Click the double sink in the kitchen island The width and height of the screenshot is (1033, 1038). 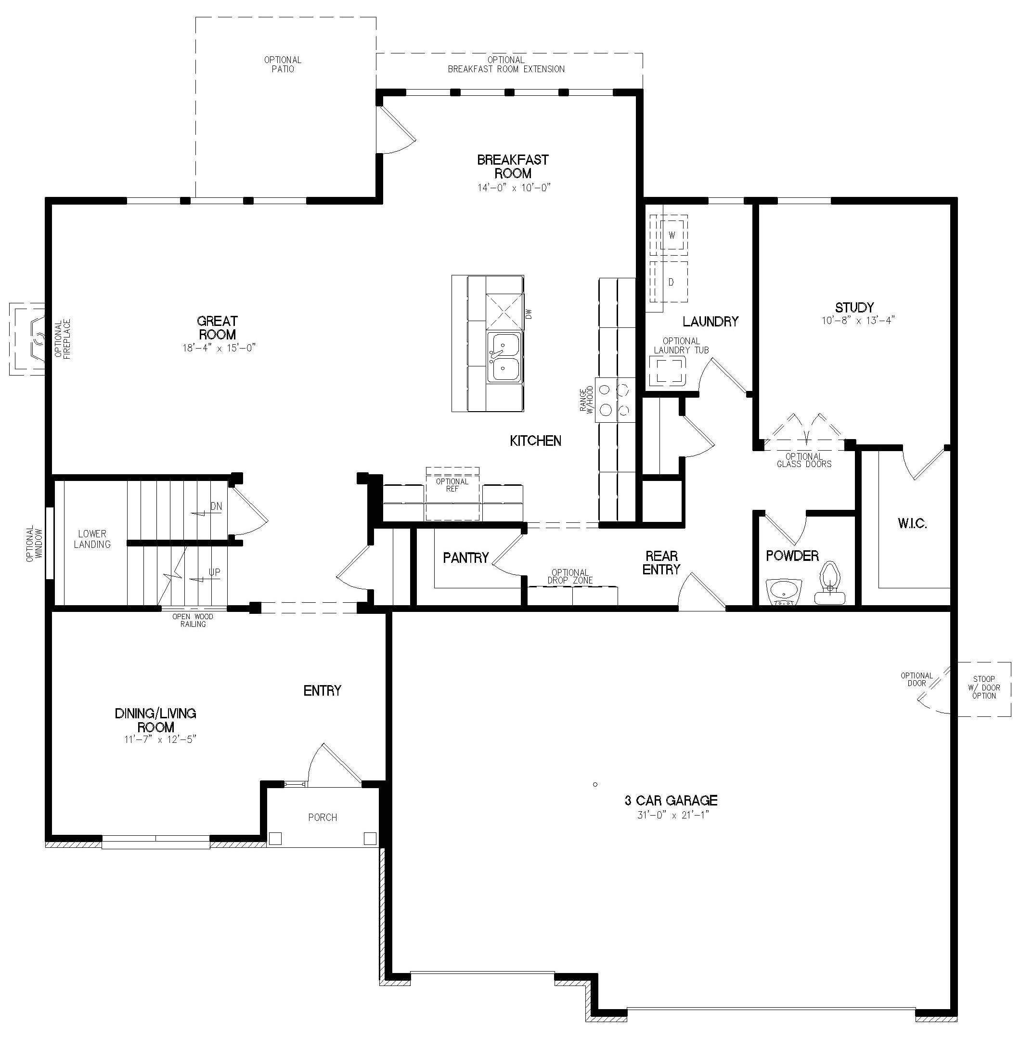[x=504, y=357]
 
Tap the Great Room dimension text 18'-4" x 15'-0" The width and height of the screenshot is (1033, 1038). [x=219, y=348]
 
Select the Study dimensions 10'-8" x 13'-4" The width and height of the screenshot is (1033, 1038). [x=858, y=320]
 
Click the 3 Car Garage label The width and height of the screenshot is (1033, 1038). [x=671, y=800]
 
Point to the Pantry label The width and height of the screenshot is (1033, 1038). [x=466, y=558]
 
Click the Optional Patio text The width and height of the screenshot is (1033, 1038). [x=283, y=65]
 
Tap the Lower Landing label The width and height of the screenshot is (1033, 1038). [x=92, y=539]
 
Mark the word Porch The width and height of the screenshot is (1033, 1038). [x=323, y=817]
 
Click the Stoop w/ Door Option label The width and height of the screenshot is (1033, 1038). [x=983, y=687]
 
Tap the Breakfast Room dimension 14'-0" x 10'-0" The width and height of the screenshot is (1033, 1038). [x=514, y=187]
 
